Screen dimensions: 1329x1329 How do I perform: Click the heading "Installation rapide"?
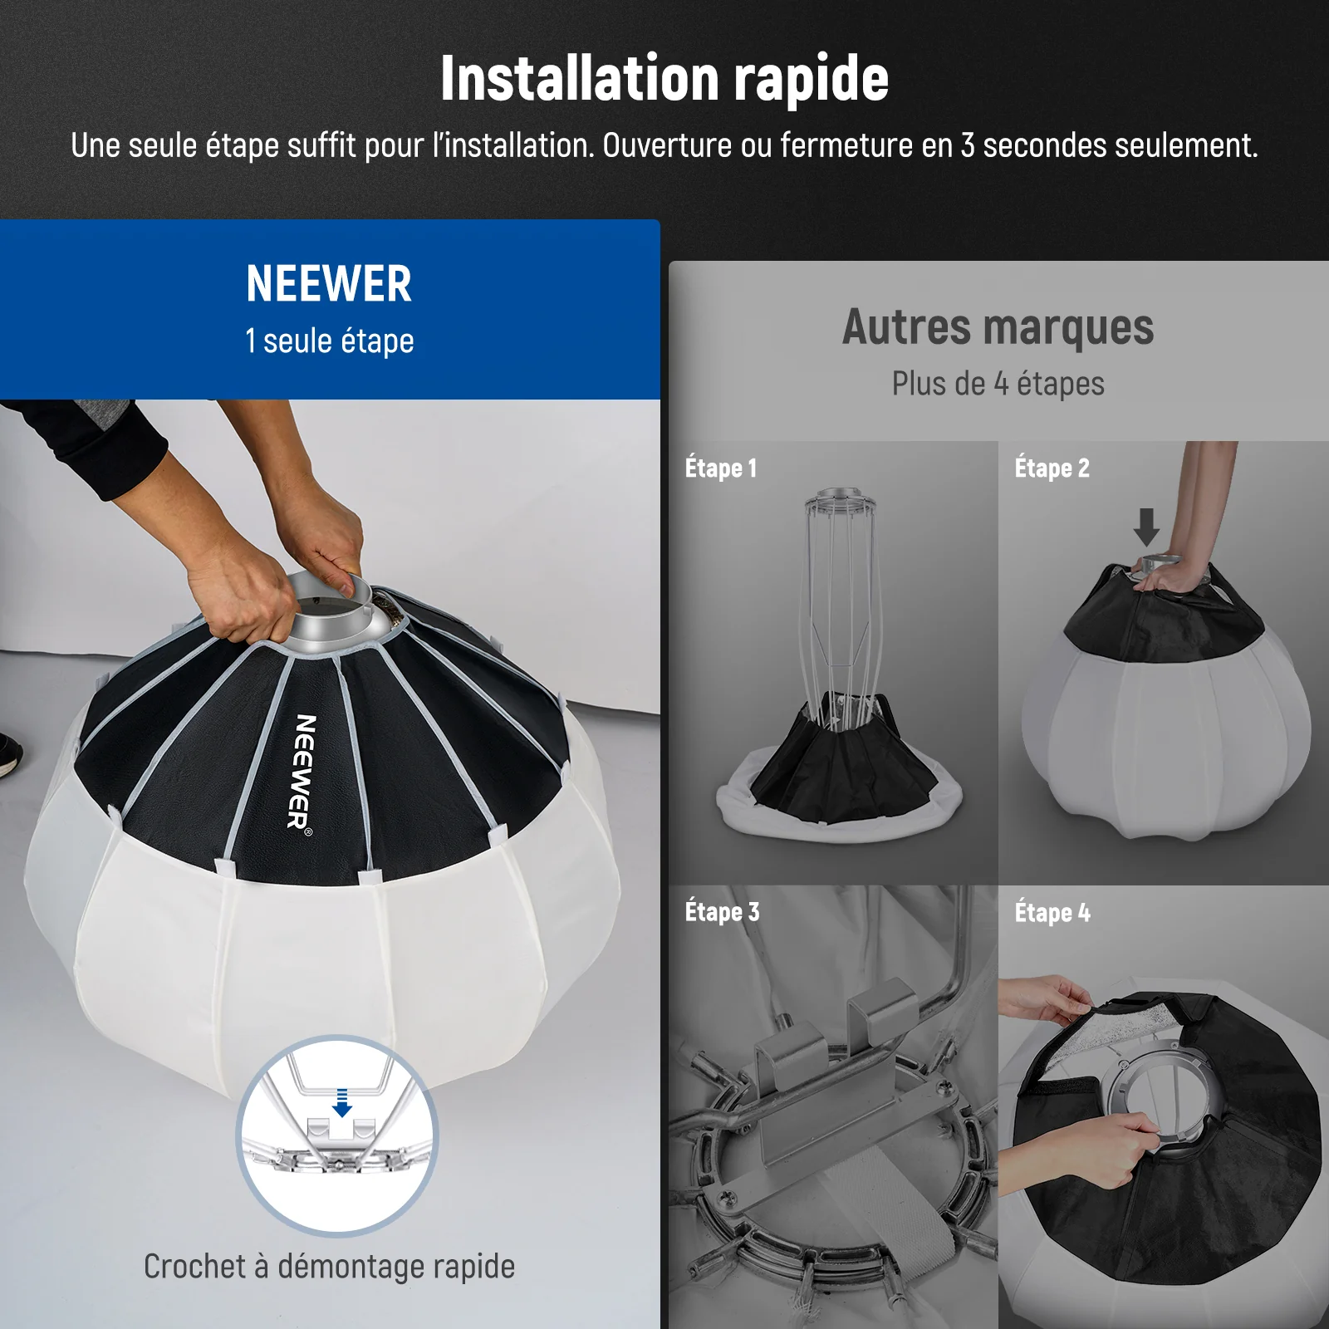(x=664, y=78)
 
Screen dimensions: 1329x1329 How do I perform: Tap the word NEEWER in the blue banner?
(x=329, y=284)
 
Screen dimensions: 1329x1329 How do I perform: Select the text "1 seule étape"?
(x=329, y=341)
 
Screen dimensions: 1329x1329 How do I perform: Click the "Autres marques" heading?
(x=998, y=327)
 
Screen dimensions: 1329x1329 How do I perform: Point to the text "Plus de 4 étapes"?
(x=998, y=384)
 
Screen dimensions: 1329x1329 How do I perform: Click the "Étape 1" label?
(x=721, y=468)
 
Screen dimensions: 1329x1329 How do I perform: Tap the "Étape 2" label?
(x=1052, y=468)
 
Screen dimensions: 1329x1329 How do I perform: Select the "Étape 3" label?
(x=722, y=911)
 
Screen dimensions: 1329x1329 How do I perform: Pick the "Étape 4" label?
(x=1052, y=912)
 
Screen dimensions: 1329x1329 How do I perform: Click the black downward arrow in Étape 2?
(x=1147, y=527)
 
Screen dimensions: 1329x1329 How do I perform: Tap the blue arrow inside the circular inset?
(x=342, y=1103)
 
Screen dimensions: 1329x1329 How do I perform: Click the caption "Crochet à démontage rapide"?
(x=329, y=1267)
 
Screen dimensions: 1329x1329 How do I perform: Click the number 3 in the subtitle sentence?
(x=968, y=146)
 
